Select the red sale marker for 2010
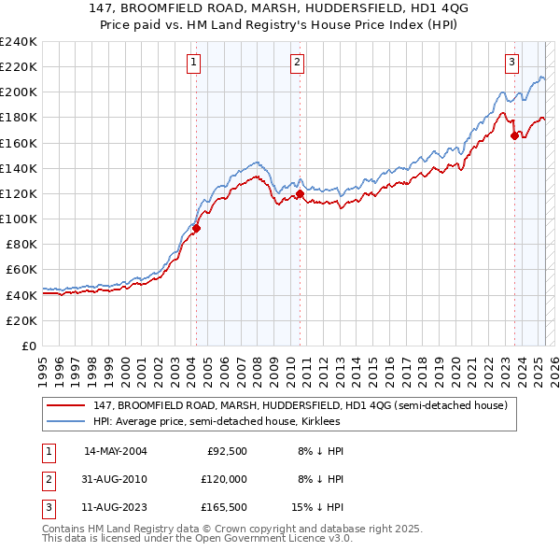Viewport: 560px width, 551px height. click(300, 194)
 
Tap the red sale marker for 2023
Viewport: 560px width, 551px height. click(514, 136)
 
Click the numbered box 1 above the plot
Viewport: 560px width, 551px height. click(193, 63)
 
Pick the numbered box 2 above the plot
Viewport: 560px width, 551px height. click(297, 63)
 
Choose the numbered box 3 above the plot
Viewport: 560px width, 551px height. click(512, 63)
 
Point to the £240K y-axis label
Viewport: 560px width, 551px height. click(19, 42)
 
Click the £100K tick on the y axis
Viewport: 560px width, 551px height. click(19, 219)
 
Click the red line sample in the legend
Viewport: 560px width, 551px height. click(66, 406)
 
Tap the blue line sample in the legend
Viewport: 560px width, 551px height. click(66, 421)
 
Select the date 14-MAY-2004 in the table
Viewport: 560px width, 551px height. click(116, 451)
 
